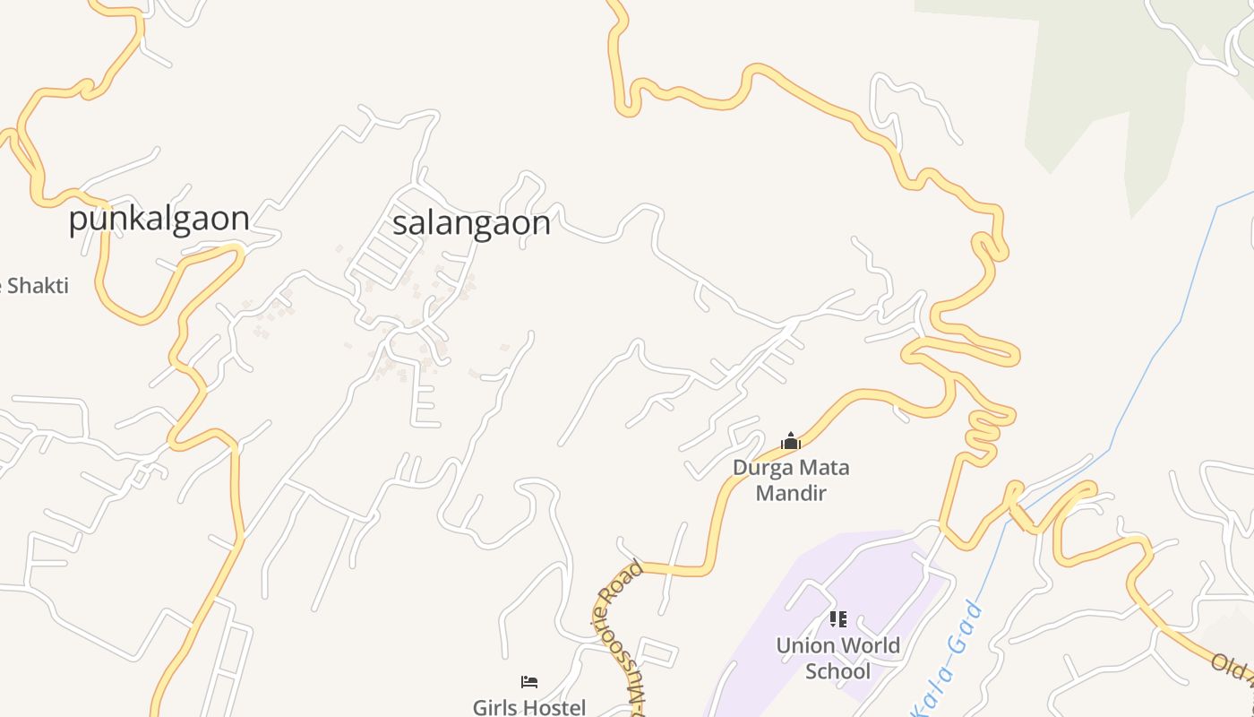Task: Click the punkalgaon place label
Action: (159, 219)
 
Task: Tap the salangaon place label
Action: (471, 223)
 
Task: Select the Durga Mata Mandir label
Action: (791, 479)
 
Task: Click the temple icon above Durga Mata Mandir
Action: (790, 441)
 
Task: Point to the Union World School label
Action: (837, 658)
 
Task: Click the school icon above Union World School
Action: (837, 619)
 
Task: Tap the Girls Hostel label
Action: (529, 707)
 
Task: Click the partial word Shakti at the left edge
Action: (37, 286)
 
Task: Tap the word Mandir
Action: (791, 493)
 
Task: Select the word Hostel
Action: (553, 707)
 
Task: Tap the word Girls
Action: (494, 707)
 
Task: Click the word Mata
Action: (821, 467)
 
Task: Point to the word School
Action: (837, 671)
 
